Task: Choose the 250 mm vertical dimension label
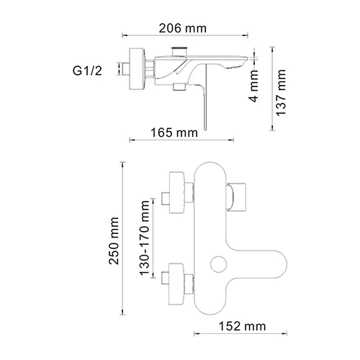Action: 114,243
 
